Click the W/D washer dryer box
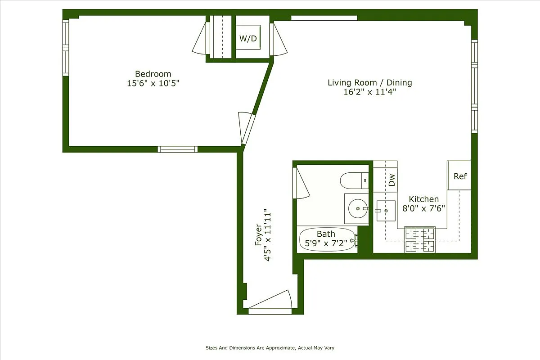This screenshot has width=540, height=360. pos(248,38)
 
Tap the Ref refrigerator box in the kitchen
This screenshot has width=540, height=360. pos(459,176)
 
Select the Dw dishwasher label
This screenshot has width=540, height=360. pos(391,180)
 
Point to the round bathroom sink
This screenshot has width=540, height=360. pos(358,209)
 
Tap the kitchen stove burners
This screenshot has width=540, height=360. pos(419,239)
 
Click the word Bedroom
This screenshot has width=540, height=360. pos(153,74)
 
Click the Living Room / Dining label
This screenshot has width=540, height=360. pos(369,82)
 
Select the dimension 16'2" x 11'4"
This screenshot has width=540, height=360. pos(369,92)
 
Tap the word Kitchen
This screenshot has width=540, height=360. pos(423,199)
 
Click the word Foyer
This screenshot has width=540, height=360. pos(258,234)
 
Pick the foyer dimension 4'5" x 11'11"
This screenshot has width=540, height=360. pos(268,234)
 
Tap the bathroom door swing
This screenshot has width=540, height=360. pos(301,182)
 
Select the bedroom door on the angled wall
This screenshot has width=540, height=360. pos(247,128)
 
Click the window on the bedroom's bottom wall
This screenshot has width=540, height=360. pos(177,149)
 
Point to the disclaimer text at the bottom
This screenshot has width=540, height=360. pos(270,348)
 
